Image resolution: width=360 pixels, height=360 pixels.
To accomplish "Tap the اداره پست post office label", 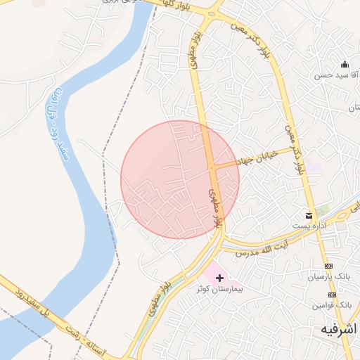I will (x=309, y=226).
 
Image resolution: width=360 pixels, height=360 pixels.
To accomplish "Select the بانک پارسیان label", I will (x=327, y=277).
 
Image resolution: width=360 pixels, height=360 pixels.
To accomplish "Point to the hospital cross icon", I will (x=220, y=278).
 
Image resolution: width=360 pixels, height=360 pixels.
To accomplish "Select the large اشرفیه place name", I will (x=339, y=329).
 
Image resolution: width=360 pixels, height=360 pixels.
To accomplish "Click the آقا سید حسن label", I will (x=332, y=75).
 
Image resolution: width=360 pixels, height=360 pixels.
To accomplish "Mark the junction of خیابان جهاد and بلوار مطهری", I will (x=211, y=167).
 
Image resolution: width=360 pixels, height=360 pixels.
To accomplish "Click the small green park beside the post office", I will (x=322, y=211).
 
